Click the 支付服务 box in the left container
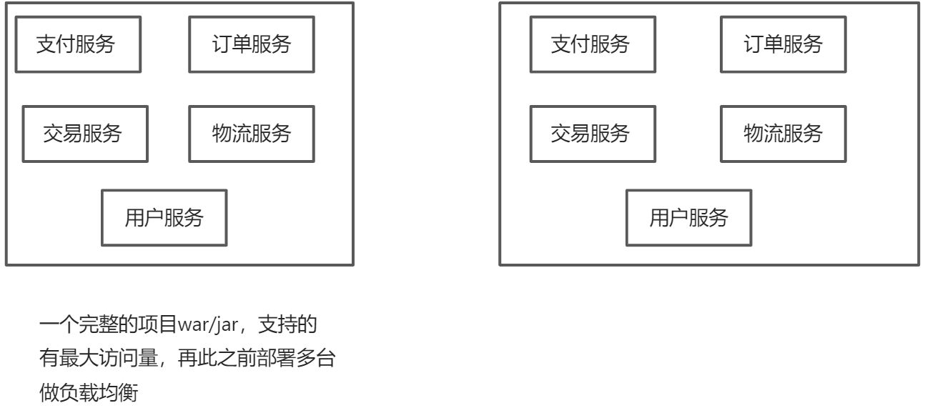(x=78, y=45)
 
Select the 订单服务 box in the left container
(x=251, y=45)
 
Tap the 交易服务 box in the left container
(x=85, y=134)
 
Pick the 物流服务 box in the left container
(x=251, y=134)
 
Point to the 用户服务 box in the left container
(x=164, y=218)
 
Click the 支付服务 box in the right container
(x=592, y=45)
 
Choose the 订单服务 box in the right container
(x=783, y=45)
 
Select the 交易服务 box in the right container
(x=592, y=134)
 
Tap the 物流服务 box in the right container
(x=783, y=134)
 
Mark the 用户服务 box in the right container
(x=688, y=218)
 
